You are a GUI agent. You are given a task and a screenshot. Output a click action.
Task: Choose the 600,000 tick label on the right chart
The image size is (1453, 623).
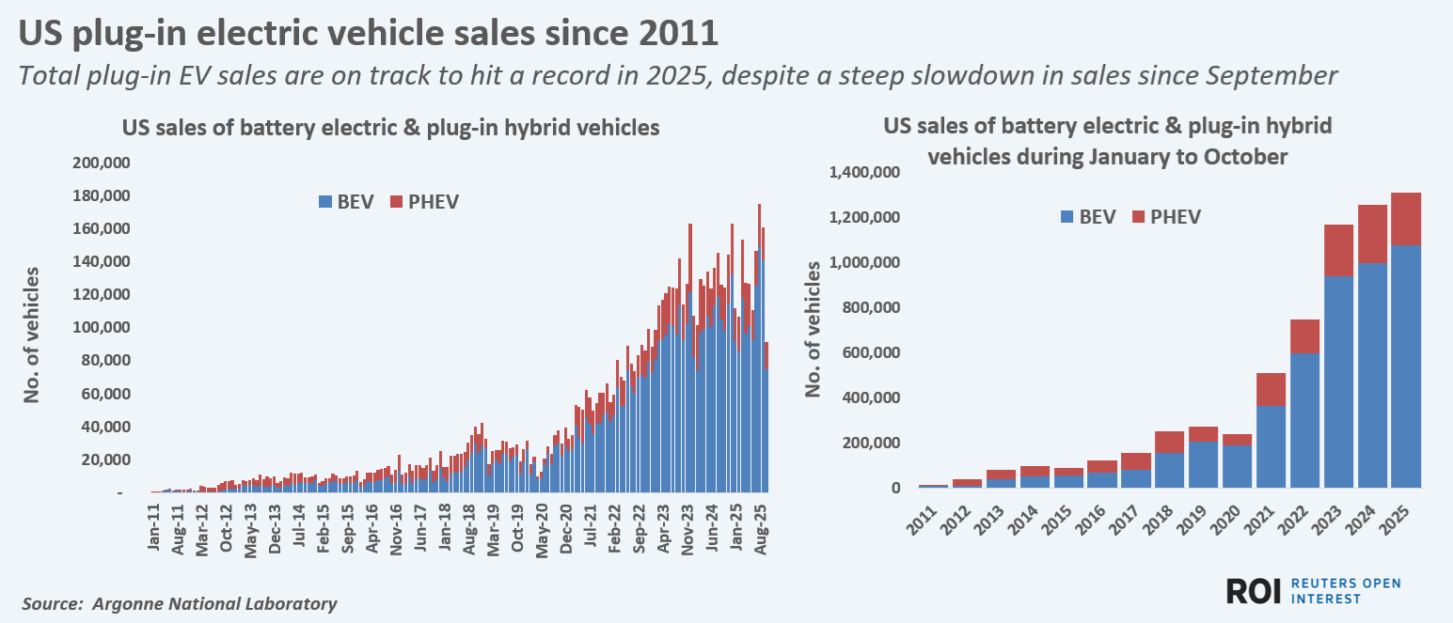pyautogui.click(x=873, y=353)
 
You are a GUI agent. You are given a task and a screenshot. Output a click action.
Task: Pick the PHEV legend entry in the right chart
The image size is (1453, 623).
pyautogui.click(x=1165, y=217)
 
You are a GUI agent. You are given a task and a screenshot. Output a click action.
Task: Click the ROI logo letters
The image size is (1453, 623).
pyautogui.click(x=1255, y=591)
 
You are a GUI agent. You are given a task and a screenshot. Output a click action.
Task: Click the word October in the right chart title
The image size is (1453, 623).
pyautogui.click(x=1240, y=157)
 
